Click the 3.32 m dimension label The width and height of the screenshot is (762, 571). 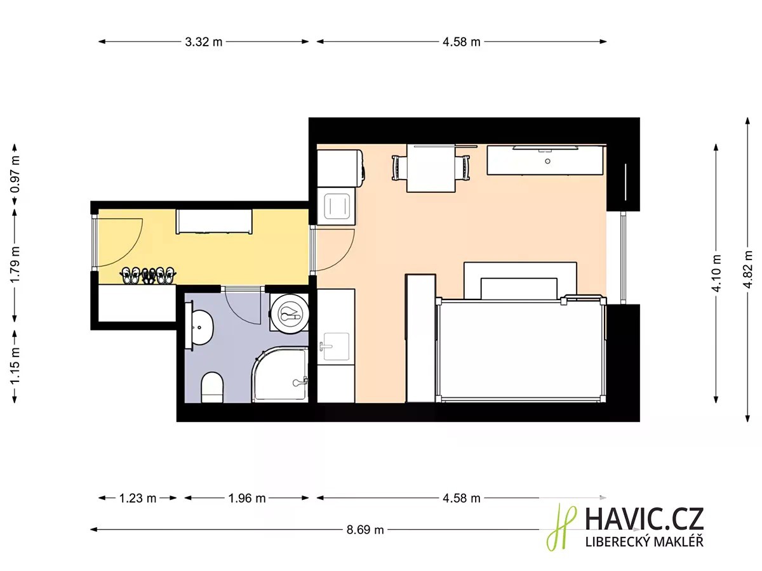point(203,42)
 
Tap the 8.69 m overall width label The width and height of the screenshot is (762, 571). point(365,530)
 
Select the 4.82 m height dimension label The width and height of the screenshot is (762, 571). point(748,270)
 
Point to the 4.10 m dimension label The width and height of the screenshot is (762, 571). point(716,273)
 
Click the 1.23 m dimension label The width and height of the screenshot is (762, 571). point(138,498)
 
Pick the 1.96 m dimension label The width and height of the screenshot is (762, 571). point(247,498)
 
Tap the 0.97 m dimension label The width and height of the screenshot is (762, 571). point(15,174)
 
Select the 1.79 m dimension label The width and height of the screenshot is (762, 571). point(15,265)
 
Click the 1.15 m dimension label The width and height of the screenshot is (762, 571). point(15,365)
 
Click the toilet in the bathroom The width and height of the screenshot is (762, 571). point(211,388)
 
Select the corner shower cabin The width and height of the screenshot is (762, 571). point(280,374)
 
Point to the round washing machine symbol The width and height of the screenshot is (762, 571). point(289,314)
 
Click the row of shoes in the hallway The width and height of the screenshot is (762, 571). point(148,275)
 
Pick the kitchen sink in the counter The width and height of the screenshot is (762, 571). point(336,346)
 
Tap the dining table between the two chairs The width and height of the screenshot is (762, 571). point(431,169)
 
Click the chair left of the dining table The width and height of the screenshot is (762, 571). point(399,167)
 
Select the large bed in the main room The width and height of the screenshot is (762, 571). point(520,350)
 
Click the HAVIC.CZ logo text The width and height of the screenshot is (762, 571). point(645,519)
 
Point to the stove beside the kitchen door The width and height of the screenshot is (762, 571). point(336,206)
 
